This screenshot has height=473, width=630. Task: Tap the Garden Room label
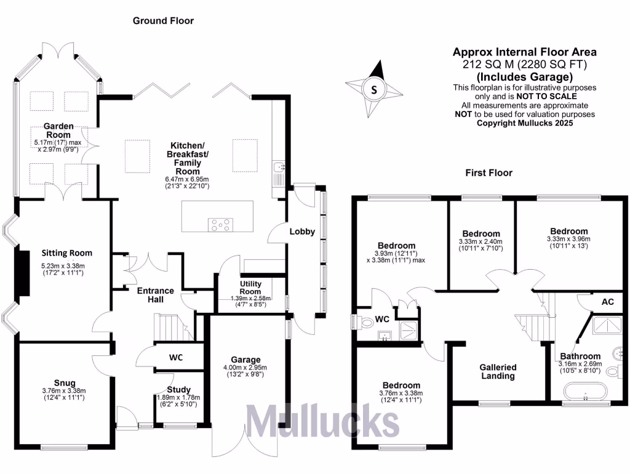point(58,131)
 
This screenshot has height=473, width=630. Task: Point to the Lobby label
point(303,232)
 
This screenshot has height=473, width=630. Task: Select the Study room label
point(179,389)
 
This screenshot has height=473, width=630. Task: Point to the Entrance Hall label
point(155,295)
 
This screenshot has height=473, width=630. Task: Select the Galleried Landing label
point(498,371)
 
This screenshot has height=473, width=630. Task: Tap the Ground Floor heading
point(164,21)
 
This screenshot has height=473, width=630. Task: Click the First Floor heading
point(488,173)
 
